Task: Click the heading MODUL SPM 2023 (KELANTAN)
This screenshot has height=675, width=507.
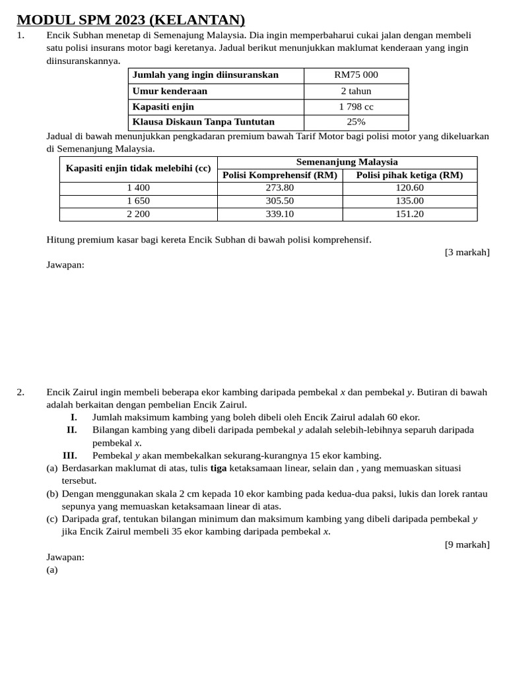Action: click(x=131, y=20)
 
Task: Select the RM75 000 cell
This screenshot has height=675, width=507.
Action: click(x=356, y=75)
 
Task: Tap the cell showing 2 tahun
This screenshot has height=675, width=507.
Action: click(x=356, y=91)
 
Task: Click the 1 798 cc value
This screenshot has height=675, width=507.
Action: click(x=356, y=107)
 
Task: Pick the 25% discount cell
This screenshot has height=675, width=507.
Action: click(x=356, y=122)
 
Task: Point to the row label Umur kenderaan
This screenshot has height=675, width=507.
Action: click(x=170, y=91)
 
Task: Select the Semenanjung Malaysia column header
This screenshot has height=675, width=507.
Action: click(x=347, y=162)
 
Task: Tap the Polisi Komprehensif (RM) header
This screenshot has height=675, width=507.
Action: click(x=280, y=175)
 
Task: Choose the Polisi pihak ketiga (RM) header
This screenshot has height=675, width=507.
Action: click(x=409, y=175)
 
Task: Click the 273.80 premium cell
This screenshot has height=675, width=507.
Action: click(x=280, y=188)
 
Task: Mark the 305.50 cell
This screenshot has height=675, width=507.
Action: click(x=280, y=201)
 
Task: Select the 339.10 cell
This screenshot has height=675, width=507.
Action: click(x=280, y=214)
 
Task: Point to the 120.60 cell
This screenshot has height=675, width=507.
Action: click(x=409, y=188)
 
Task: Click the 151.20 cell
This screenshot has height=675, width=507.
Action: click(x=409, y=214)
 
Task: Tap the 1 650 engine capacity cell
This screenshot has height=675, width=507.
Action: click(x=139, y=201)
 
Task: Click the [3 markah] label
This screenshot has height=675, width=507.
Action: click(x=467, y=252)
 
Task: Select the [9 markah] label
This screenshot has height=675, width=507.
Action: click(x=467, y=544)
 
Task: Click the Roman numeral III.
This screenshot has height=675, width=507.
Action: click(x=70, y=455)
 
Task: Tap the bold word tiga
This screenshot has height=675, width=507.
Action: click(x=219, y=468)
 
